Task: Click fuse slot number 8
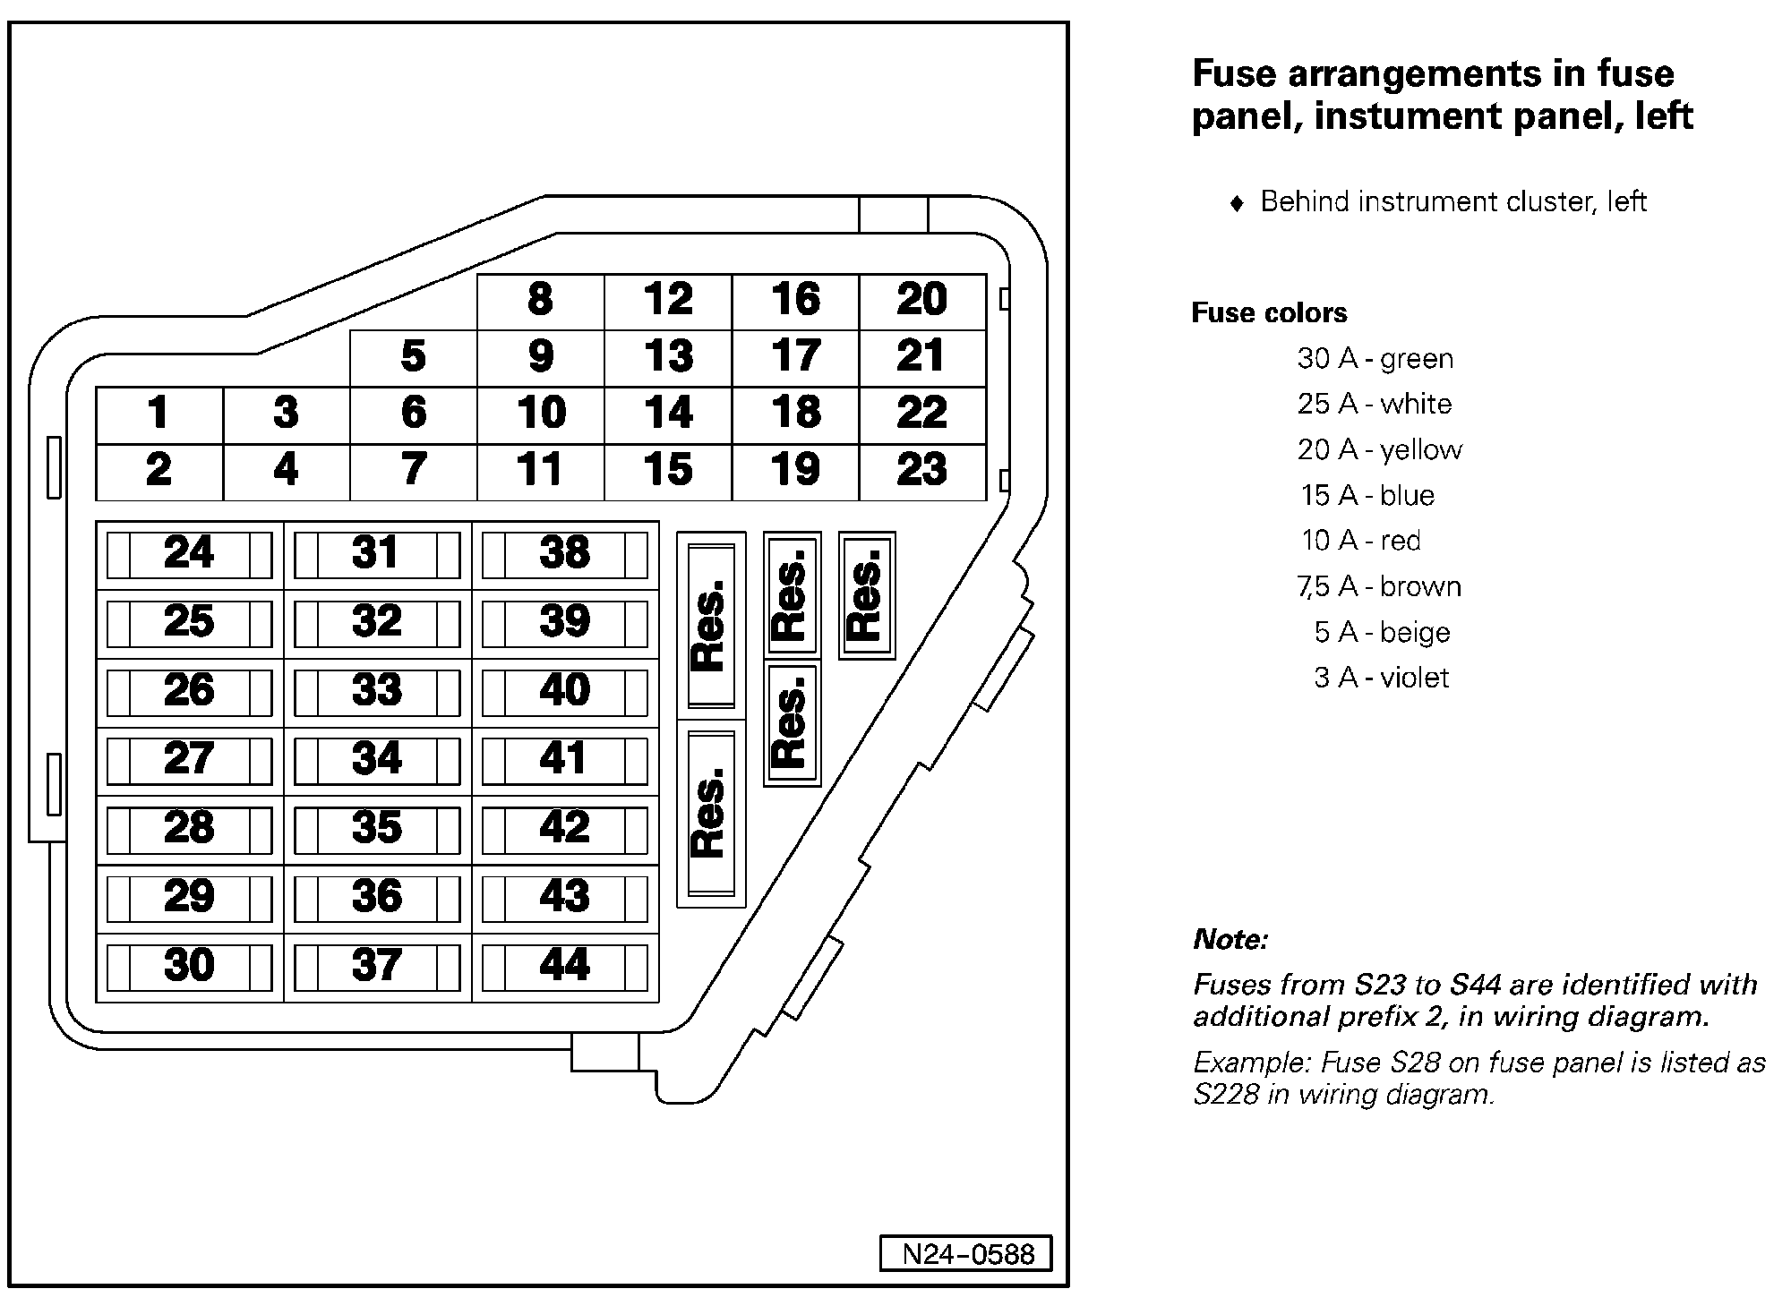coord(540,301)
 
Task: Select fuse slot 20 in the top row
coord(922,301)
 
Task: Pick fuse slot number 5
coord(413,357)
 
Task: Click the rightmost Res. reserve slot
coord(866,595)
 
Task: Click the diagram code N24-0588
coord(966,1254)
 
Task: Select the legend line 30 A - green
coord(1375,359)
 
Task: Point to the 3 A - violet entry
coord(1381,678)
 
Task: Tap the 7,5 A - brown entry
coord(1379,587)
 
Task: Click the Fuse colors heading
coord(1269,313)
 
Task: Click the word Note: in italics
coord(1230,940)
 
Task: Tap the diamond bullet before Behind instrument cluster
coord(1238,203)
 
